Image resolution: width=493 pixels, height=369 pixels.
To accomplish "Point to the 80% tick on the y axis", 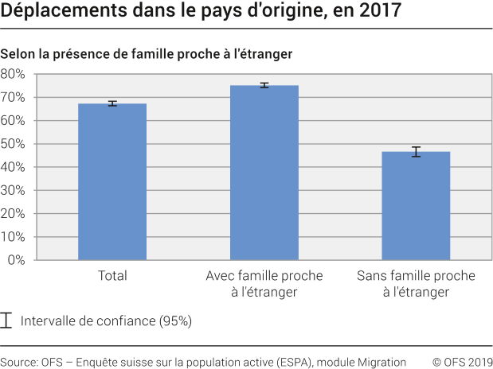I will tap(14, 74).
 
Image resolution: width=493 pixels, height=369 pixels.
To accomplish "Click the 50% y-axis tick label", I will tap(14, 144).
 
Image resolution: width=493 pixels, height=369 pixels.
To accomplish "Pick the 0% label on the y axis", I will tap(17, 260).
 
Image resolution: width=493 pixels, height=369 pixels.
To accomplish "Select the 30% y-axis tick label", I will tap(14, 191).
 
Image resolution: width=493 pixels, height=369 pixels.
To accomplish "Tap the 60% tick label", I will tap(14, 121).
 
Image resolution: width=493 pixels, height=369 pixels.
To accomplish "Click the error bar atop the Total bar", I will tap(112, 103).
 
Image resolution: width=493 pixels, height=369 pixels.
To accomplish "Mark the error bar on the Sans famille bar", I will tap(416, 152).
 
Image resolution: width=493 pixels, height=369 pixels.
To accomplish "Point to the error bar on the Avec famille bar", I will tap(264, 85).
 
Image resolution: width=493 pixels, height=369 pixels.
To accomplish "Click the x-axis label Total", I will tap(112, 276).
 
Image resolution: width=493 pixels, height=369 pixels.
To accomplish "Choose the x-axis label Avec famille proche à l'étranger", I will tap(264, 284).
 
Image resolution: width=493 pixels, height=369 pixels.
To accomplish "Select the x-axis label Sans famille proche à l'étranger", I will tap(416, 284).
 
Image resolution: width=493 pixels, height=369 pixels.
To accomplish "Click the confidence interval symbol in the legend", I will tap(7, 320).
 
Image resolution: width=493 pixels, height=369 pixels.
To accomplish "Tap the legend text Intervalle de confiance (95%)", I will tap(106, 321).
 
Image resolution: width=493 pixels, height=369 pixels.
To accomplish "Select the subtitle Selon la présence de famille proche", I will tap(147, 54).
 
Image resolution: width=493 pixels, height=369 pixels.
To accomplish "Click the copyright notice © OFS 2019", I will tap(462, 361).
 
